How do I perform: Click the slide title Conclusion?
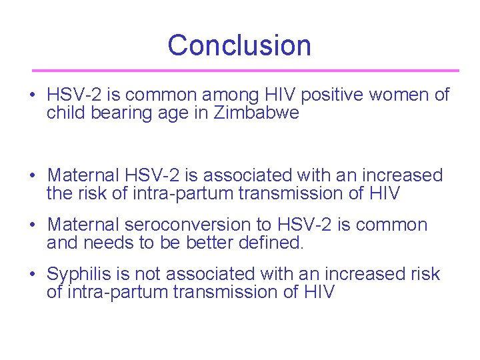[239, 45]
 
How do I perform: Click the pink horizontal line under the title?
[246, 70]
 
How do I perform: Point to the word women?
[395, 95]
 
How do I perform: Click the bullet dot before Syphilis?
[33, 275]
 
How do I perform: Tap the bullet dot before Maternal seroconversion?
[33, 225]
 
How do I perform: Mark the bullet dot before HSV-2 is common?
[33, 96]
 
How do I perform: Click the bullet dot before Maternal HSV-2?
[33, 176]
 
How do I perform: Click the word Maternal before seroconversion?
[85, 225]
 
